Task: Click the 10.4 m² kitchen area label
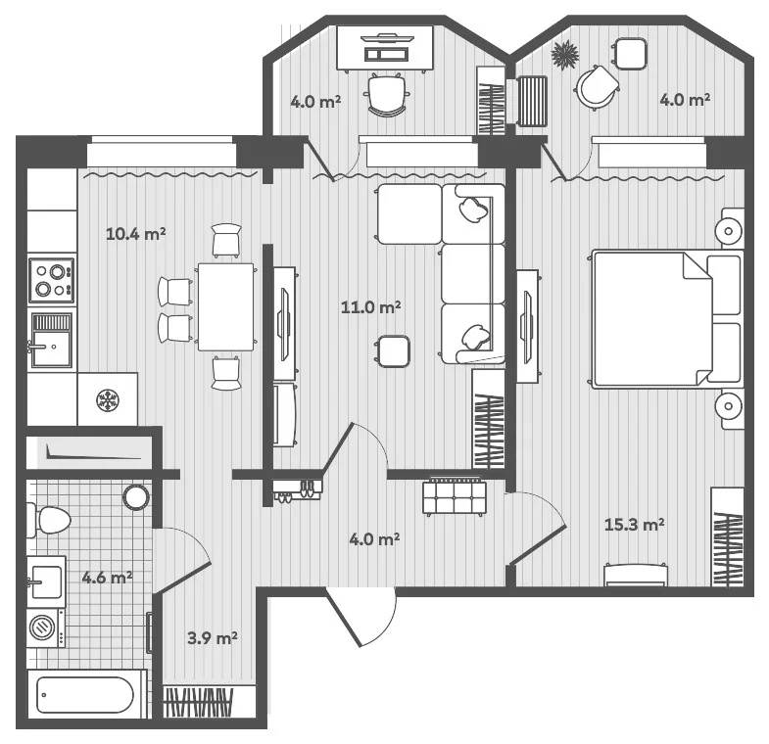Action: (x=136, y=234)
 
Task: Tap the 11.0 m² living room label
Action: (x=370, y=307)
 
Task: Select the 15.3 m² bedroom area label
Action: (x=634, y=525)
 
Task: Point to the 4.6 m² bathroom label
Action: (x=107, y=578)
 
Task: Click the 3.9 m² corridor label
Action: (x=213, y=638)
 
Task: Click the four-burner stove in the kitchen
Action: (x=52, y=281)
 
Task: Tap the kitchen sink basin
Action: (x=52, y=348)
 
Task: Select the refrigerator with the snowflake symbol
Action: (x=108, y=399)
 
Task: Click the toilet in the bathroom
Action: (x=49, y=520)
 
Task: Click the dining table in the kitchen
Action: (x=225, y=306)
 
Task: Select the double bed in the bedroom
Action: (x=667, y=319)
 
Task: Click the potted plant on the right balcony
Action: (x=564, y=55)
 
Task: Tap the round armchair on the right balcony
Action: (x=597, y=87)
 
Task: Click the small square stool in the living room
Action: (x=393, y=351)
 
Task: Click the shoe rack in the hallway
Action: (x=298, y=490)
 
